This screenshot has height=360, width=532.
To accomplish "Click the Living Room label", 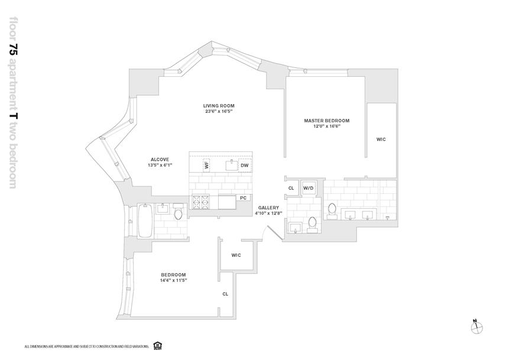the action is (x=219, y=106).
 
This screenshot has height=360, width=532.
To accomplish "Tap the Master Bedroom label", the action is (x=326, y=121).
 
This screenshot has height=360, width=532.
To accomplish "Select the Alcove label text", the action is (x=160, y=159).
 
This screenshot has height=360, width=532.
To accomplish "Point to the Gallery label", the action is (x=268, y=207).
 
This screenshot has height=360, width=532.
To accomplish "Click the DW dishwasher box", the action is (x=244, y=166).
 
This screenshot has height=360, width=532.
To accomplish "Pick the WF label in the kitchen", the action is (x=207, y=165).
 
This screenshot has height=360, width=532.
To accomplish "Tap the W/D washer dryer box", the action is (x=309, y=189).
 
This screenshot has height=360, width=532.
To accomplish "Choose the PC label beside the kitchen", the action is (x=243, y=197).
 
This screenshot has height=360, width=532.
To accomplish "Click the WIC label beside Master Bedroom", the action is (x=381, y=140).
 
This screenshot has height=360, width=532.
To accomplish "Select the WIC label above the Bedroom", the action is (x=236, y=255).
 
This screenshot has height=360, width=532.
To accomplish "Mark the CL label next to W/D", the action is (x=291, y=189).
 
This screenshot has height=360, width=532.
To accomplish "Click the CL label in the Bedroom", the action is (x=225, y=293).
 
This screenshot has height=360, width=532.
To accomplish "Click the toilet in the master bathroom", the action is (x=332, y=210).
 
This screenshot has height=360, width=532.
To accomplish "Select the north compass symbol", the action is (x=476, y=326).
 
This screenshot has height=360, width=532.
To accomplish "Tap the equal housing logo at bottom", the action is (x=157, y=345).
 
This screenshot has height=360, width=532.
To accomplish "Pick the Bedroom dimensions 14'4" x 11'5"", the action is (x=173, y=281).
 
